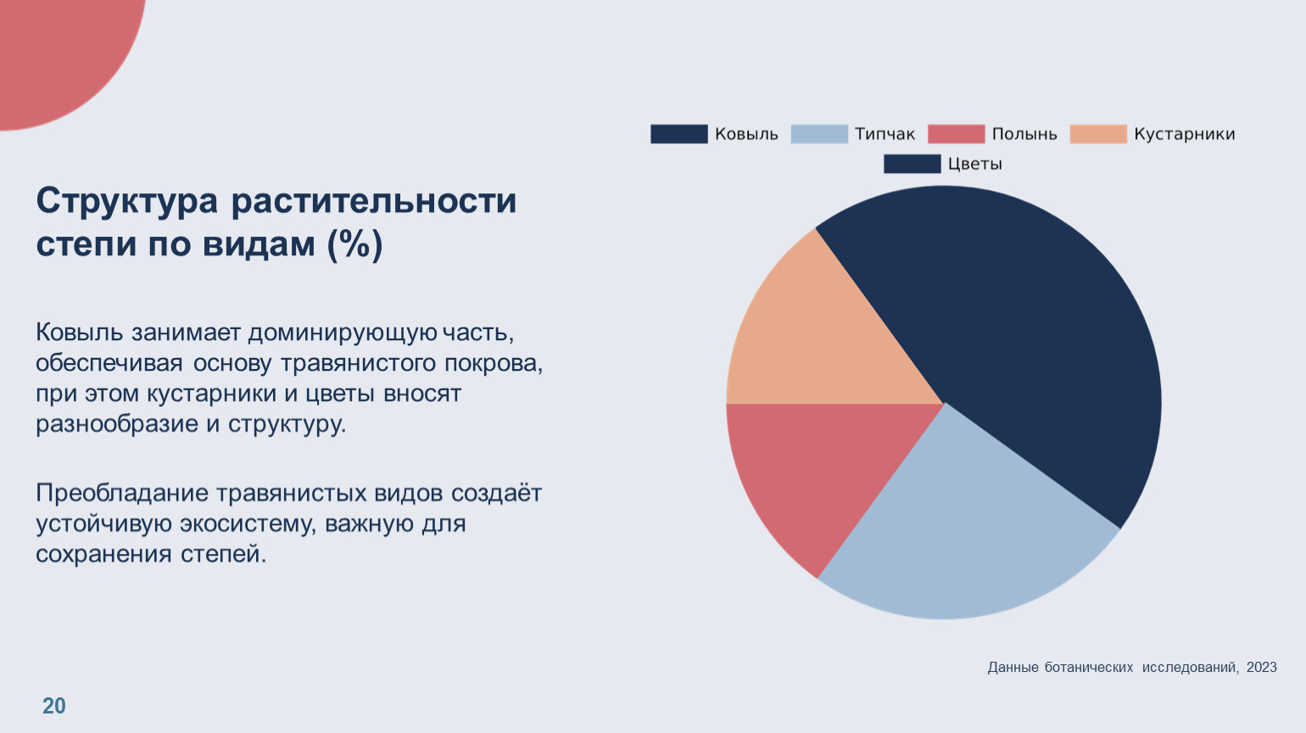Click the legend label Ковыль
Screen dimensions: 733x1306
746,134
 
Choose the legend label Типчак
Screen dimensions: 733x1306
885,134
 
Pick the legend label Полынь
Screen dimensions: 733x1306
1024,134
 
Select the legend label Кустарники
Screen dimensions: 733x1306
1184,134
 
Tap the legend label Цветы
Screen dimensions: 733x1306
974,164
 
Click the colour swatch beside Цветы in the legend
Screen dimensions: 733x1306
912,164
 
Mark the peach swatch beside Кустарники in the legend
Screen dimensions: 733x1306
1098,134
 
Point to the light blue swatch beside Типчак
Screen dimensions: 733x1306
819,134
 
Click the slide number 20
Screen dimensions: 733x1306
54,706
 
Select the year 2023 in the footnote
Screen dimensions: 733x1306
1261,668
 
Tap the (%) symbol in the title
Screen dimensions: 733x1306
355,245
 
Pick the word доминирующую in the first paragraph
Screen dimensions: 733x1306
343,333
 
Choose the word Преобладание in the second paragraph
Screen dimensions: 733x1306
122,494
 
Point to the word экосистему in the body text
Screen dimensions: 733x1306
239,524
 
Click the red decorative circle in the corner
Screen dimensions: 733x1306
59,51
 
